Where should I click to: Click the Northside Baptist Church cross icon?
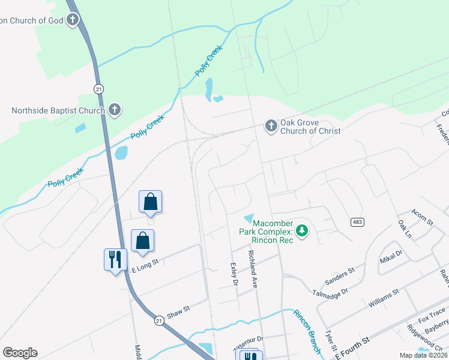[x=115, y=110]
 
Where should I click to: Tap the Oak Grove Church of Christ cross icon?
[x=271, y=126]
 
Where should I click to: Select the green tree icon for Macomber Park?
[x=303, y=230]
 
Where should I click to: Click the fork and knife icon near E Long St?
[x=115, y=259]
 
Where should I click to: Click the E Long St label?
[x=145, y=266]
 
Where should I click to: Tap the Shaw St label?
[x=178, y=309]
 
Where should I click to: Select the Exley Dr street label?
[x=235, y=274]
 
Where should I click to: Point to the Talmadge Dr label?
[x=330, y=292]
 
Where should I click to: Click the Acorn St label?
[x=422, y=217]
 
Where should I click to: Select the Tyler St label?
[x=330, y=340]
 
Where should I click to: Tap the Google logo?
[x=20, y=352]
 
